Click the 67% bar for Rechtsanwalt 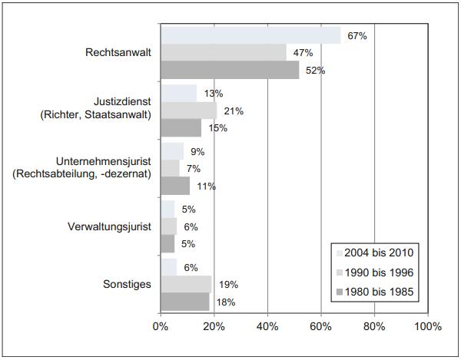[x=250, y=35]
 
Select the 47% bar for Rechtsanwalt [x=223, y=52]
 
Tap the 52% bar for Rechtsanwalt [x=230, y=70]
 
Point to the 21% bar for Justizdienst [x=188, y=111]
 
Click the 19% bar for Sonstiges [x=185, y=285]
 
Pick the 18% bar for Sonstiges [x=184, y=302]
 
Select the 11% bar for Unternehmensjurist [x=174, y=186]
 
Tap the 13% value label [x=214, y=94]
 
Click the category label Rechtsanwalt [x=118, y=53]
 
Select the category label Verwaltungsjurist [x=109, y=226]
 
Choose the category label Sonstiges [x=127, y=285]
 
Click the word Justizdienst [x=124, y=101]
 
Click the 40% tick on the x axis [x=267, y=326]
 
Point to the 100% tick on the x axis [x=427, y=326]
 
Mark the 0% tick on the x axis [x=161, y=326]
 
